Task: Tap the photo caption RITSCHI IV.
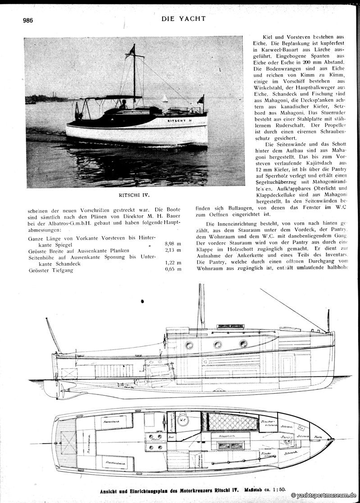134,196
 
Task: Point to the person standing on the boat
123,104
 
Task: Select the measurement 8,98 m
173,244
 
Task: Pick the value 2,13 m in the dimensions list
173,250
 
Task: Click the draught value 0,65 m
173,269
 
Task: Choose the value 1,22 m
173,263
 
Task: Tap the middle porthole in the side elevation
217,344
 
